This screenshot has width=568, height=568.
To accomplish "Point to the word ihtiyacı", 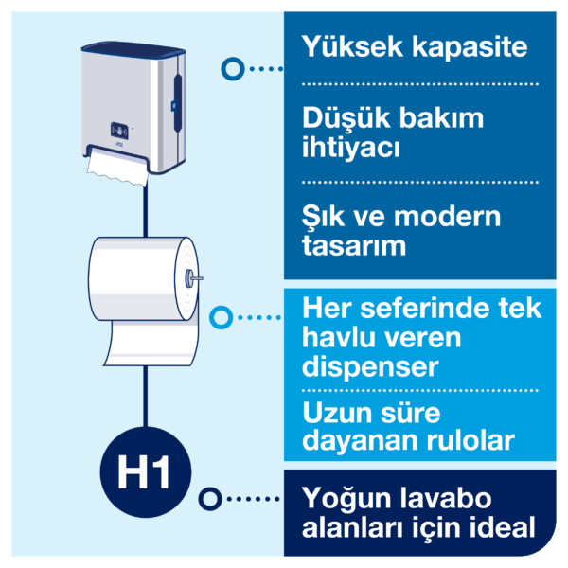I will coord(350,150).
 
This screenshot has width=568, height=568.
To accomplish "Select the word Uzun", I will coord(332,413).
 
